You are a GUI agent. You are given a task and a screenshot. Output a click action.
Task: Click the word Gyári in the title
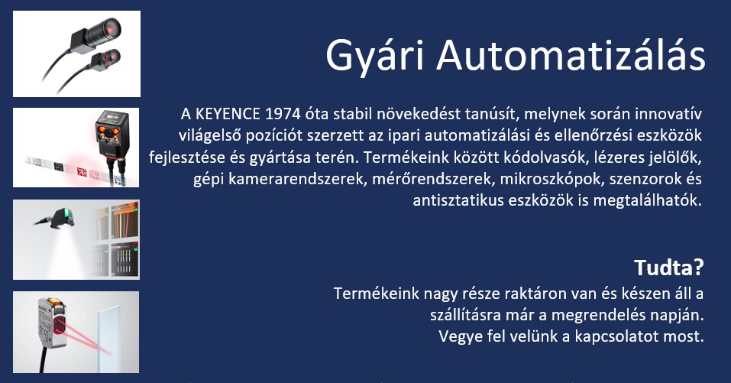pos(375,55)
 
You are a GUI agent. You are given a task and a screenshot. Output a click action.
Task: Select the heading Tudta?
pos(668,268)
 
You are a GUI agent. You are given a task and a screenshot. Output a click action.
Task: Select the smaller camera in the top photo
pos(105,59)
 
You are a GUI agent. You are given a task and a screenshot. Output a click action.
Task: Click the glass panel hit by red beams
pos(109,334)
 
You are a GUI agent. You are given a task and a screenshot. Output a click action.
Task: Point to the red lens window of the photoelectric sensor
pos(59,325)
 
